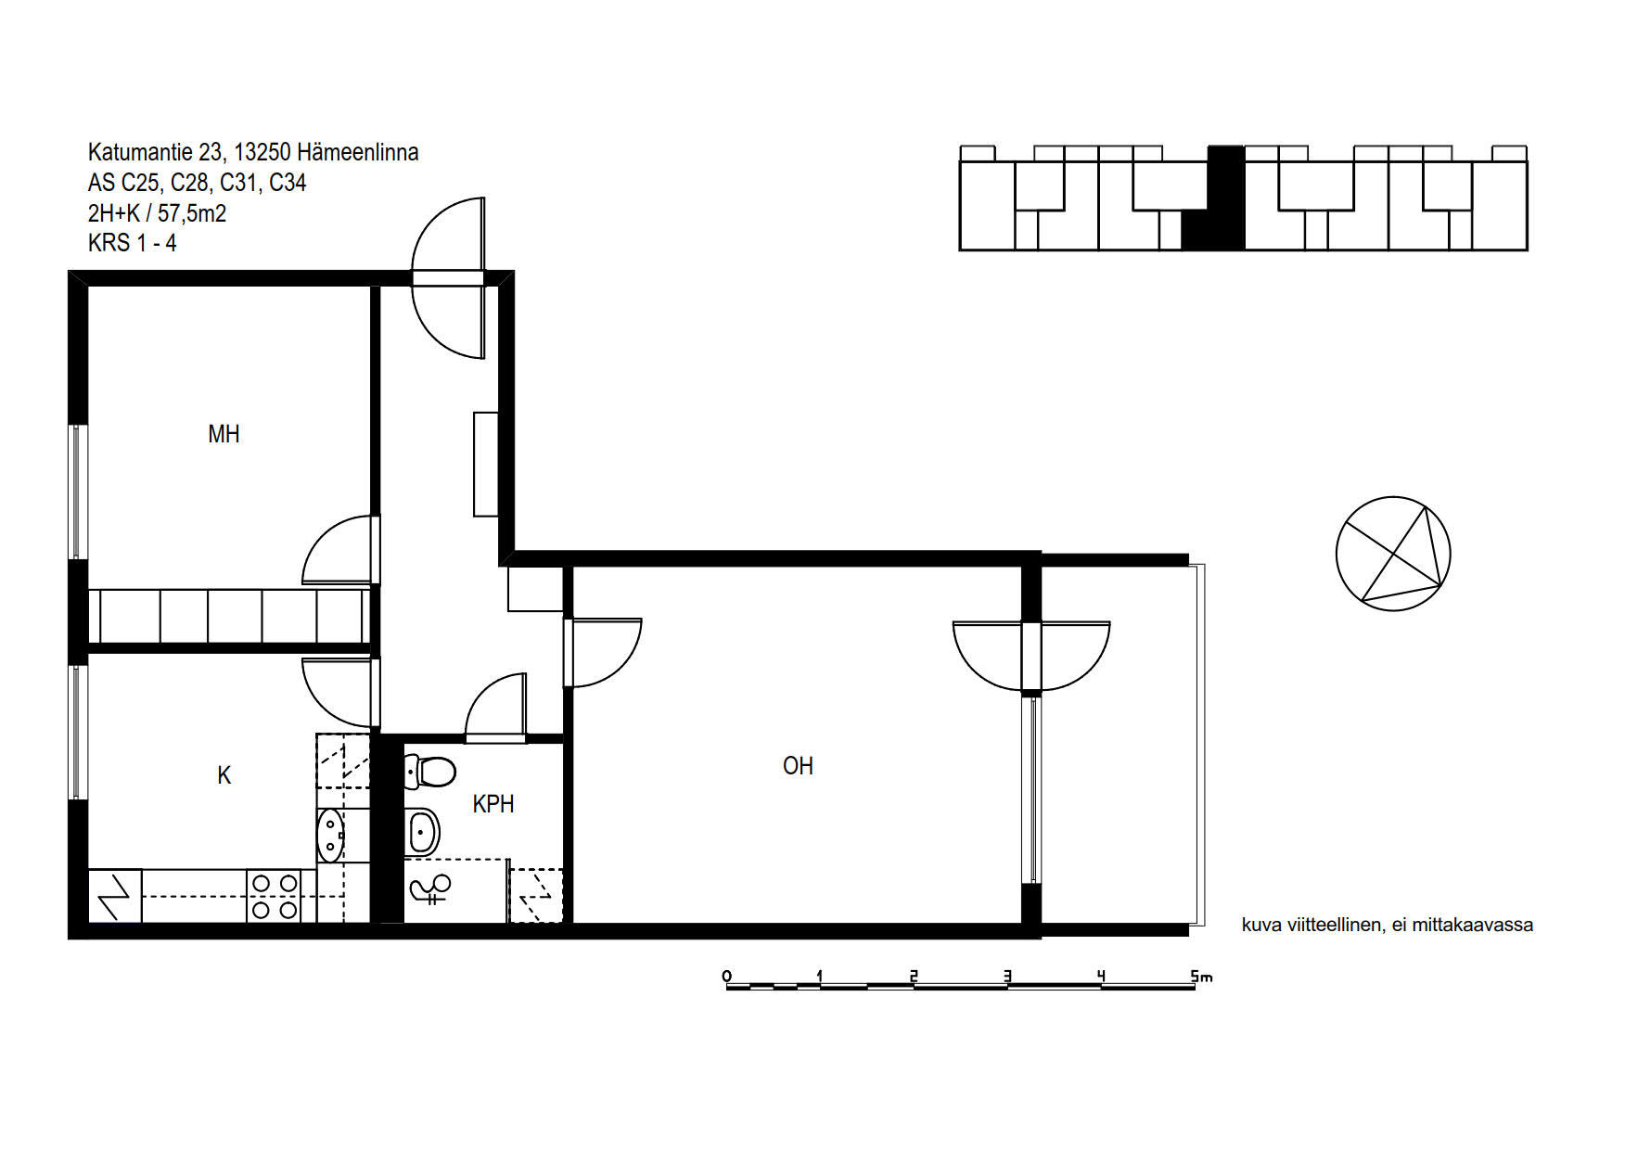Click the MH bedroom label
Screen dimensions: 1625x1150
[x=224, y=434]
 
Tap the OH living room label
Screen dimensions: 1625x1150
[x=798, y=766]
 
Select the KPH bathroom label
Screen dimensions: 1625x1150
[x=493, y=804]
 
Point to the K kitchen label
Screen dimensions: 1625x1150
[x=224, y=775]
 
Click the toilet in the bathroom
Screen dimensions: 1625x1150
[x=429, y=771]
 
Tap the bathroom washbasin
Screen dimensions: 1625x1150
[x=422, y=831]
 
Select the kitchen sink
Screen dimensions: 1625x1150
[x=330, y=835]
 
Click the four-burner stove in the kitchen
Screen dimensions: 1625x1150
[x=275, y=897]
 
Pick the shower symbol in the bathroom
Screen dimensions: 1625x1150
[x=429, y=889]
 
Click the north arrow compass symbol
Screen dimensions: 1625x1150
[x=1393, y=554]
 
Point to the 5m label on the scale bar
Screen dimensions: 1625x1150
[x=1201, y=976]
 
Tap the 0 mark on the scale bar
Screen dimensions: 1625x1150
[x=726, y=976]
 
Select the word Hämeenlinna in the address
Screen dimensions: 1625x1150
[x=357, y=152]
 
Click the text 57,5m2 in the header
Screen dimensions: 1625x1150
[x=192, y=213]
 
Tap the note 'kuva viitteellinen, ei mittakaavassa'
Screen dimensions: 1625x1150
[x=1387, y=925]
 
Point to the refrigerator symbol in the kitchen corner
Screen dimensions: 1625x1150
[x=115, y=896]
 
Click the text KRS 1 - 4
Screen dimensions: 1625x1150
[x=132, y=243]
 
